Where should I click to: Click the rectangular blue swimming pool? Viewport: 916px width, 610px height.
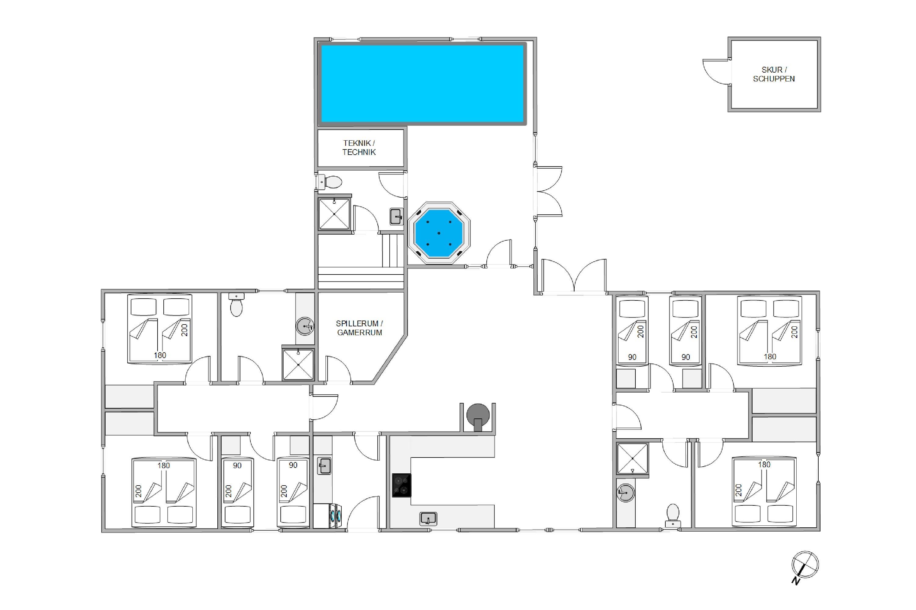tap(422, 84)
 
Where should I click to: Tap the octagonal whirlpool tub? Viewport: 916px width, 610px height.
tap(439, 233)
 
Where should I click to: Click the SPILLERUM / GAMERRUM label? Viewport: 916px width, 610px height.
tap(359, 328)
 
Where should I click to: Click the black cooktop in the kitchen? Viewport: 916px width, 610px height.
tap(402, 485)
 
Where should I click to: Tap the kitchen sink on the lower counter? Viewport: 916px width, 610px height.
tap(428, 518)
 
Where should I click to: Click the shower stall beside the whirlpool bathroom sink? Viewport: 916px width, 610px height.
tap(334, 214)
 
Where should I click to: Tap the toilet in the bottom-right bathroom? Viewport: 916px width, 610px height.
tap(673, 515)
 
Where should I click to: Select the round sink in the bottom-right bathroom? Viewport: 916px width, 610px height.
tap(625, 493)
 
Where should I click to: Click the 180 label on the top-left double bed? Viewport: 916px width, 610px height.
tap(160, 355)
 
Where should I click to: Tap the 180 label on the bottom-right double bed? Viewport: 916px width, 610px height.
tap(764, 465)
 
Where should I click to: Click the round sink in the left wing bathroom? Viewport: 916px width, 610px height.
tap(305, 326)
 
